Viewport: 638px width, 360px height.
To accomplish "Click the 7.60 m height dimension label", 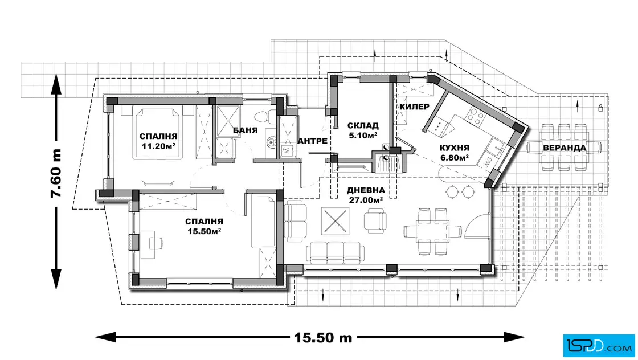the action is (x=56, y=174).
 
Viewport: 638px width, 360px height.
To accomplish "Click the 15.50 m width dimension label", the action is (x=323, y=337).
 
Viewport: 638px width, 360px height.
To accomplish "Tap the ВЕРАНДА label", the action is (x=565, y=148).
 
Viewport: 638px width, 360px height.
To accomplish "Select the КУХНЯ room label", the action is (x=455, y=148).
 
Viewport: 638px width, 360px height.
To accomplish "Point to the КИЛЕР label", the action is (x=414, y=107).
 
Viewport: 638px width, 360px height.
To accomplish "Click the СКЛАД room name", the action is (x=363, y=126).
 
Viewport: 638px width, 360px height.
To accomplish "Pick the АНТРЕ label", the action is (x=313, y=141).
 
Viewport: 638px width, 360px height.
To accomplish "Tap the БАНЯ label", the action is (x=246, y=130).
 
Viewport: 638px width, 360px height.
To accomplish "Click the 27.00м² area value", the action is (x=366, y=200).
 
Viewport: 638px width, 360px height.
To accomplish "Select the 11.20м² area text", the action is (x=158, y=146).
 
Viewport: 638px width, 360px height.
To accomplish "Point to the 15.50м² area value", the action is (x=204, y=231).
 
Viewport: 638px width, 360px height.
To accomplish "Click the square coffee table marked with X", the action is (x=336, y=221).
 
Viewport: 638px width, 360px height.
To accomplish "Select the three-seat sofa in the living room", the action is (x=336, y=252).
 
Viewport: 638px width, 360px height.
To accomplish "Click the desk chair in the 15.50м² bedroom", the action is (x=156, y=243).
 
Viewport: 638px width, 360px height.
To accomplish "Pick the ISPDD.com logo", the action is (x=599, y=346).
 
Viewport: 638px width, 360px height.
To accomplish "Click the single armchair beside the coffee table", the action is (x=375, y=221).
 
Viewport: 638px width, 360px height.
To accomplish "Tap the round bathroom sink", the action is (x=271, y=142).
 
